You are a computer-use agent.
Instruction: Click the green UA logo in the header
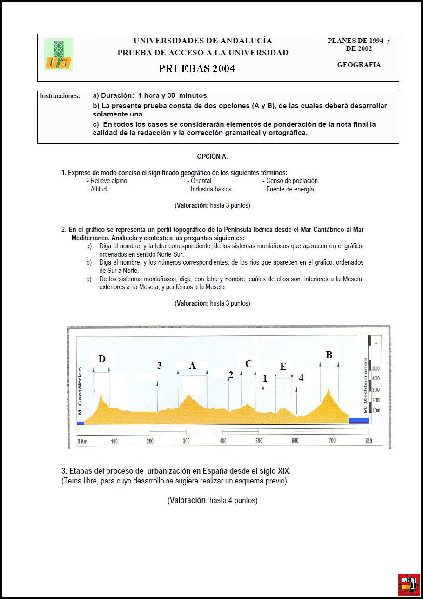click(x=58, y=54)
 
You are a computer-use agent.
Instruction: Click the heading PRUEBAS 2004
click(x=196, y=68)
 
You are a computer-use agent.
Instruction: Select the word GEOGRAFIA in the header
click(x=359, y=65)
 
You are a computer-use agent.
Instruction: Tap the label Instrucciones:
click(x=60, y=96)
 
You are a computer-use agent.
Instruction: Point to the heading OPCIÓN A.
click(x=212, y=157)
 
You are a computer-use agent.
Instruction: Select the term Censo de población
click(x=292, y=181)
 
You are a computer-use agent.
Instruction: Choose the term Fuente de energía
click(x=290, y=189)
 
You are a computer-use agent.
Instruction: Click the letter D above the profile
click(x=102, y=359)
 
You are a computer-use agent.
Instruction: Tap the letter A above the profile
click(x=192, y=366)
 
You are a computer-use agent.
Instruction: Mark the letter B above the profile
click(x=329, y=355)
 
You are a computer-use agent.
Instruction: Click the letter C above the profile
click(x=248, y=364)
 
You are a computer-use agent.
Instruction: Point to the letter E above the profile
click(x=283, y=367)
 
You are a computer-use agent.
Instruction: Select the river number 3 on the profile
click(x=159, y=366)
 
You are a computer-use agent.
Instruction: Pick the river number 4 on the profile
click(x=301, y=378)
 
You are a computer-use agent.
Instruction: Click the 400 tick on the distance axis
click(x=223, y=441)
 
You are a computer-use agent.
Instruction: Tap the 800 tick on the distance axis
click(x=369, y=441)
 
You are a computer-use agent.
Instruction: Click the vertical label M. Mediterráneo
click(x=365, y=386)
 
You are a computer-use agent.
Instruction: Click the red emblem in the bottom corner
click(x=409, y=585)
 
